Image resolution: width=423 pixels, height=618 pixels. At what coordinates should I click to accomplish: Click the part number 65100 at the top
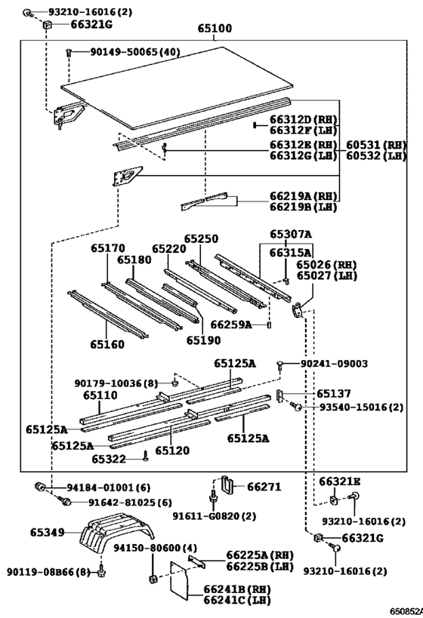pyautogui.click(x=215, y=29)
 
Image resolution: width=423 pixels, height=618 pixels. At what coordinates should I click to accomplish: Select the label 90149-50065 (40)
pyautogui.click(x=135, y=51)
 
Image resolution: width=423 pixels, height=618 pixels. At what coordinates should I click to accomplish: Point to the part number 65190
pyautogui.click(x=204, y=340)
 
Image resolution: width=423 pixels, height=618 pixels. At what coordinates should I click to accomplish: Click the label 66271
pyautogui.click(x=264, y=487)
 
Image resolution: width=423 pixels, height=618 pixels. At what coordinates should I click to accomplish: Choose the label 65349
pyautogui.click(x=48, y=533)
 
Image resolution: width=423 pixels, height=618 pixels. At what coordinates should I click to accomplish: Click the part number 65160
pyautogui.click(x=107, y=344)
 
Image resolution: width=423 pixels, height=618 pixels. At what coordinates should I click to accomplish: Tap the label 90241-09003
pyautogui.click(x=334, y=364)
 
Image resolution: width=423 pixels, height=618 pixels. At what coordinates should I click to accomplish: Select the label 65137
pyautogui.click(x=334, y=393)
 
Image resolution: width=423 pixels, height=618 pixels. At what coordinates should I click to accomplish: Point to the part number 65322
pyautogui.click(x=109, y=460)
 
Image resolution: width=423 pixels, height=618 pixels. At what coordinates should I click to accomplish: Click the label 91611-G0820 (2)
pyautogui.click(x=215, y=516)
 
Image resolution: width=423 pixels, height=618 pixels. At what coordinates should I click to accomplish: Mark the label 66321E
pyautogui.click(x=340, y=481)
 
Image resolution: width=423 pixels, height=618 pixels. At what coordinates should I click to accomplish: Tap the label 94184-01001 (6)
pyautogui.click(x=108, y=487)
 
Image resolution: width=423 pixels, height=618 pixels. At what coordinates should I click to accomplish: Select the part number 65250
pyautogui.click(x=201, y=239)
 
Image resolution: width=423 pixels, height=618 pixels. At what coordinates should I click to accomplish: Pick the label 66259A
pyautogui.click(x=231, y=324)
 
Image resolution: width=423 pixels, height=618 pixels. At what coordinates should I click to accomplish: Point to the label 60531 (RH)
pyautogui.click(x=376, y=145)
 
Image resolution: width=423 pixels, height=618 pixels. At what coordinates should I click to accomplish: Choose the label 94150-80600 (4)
pyautogui.click(x=155, y=548)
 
